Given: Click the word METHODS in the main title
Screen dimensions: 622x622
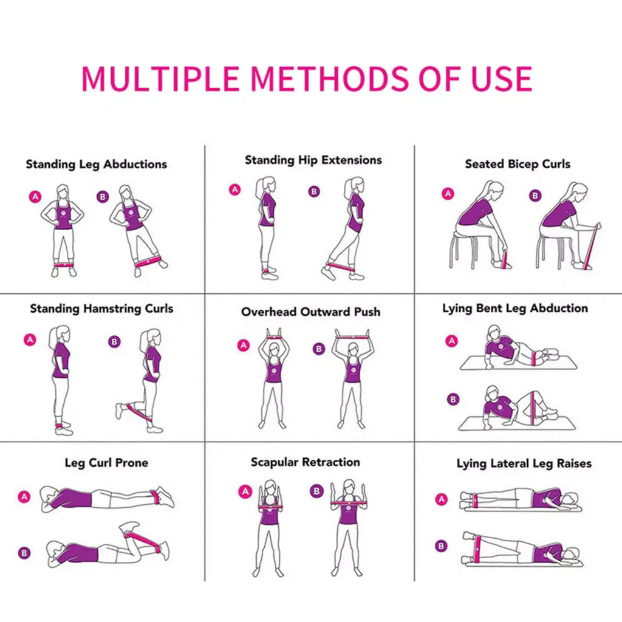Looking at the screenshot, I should [x=329, y=78].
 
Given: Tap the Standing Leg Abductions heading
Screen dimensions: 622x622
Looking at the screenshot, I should [x=96, y=165].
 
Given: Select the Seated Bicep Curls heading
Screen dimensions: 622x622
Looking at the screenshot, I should [x=518, y=164].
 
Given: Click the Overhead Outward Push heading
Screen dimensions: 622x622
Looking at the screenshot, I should [x=310, y=312].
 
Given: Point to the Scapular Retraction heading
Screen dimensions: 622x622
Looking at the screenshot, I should [x=305, y=462].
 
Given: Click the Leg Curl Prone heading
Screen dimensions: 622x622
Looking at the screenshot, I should [x=106, y=463].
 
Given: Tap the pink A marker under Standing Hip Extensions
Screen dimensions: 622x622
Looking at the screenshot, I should [x=234, y=190].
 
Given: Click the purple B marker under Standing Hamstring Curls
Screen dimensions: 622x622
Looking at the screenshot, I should [x=114, y=342].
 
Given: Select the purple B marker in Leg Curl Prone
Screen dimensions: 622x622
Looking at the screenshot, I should [x=24, y=553].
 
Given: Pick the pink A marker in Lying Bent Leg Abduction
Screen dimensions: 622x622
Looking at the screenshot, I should [x=451, y=341].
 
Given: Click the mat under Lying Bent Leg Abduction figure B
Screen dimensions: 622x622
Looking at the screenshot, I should [x=516, y=423].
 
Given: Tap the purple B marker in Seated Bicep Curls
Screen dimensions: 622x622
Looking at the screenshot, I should [x=535, y=196].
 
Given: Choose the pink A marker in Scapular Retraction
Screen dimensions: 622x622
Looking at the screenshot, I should [x=245, y=491].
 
